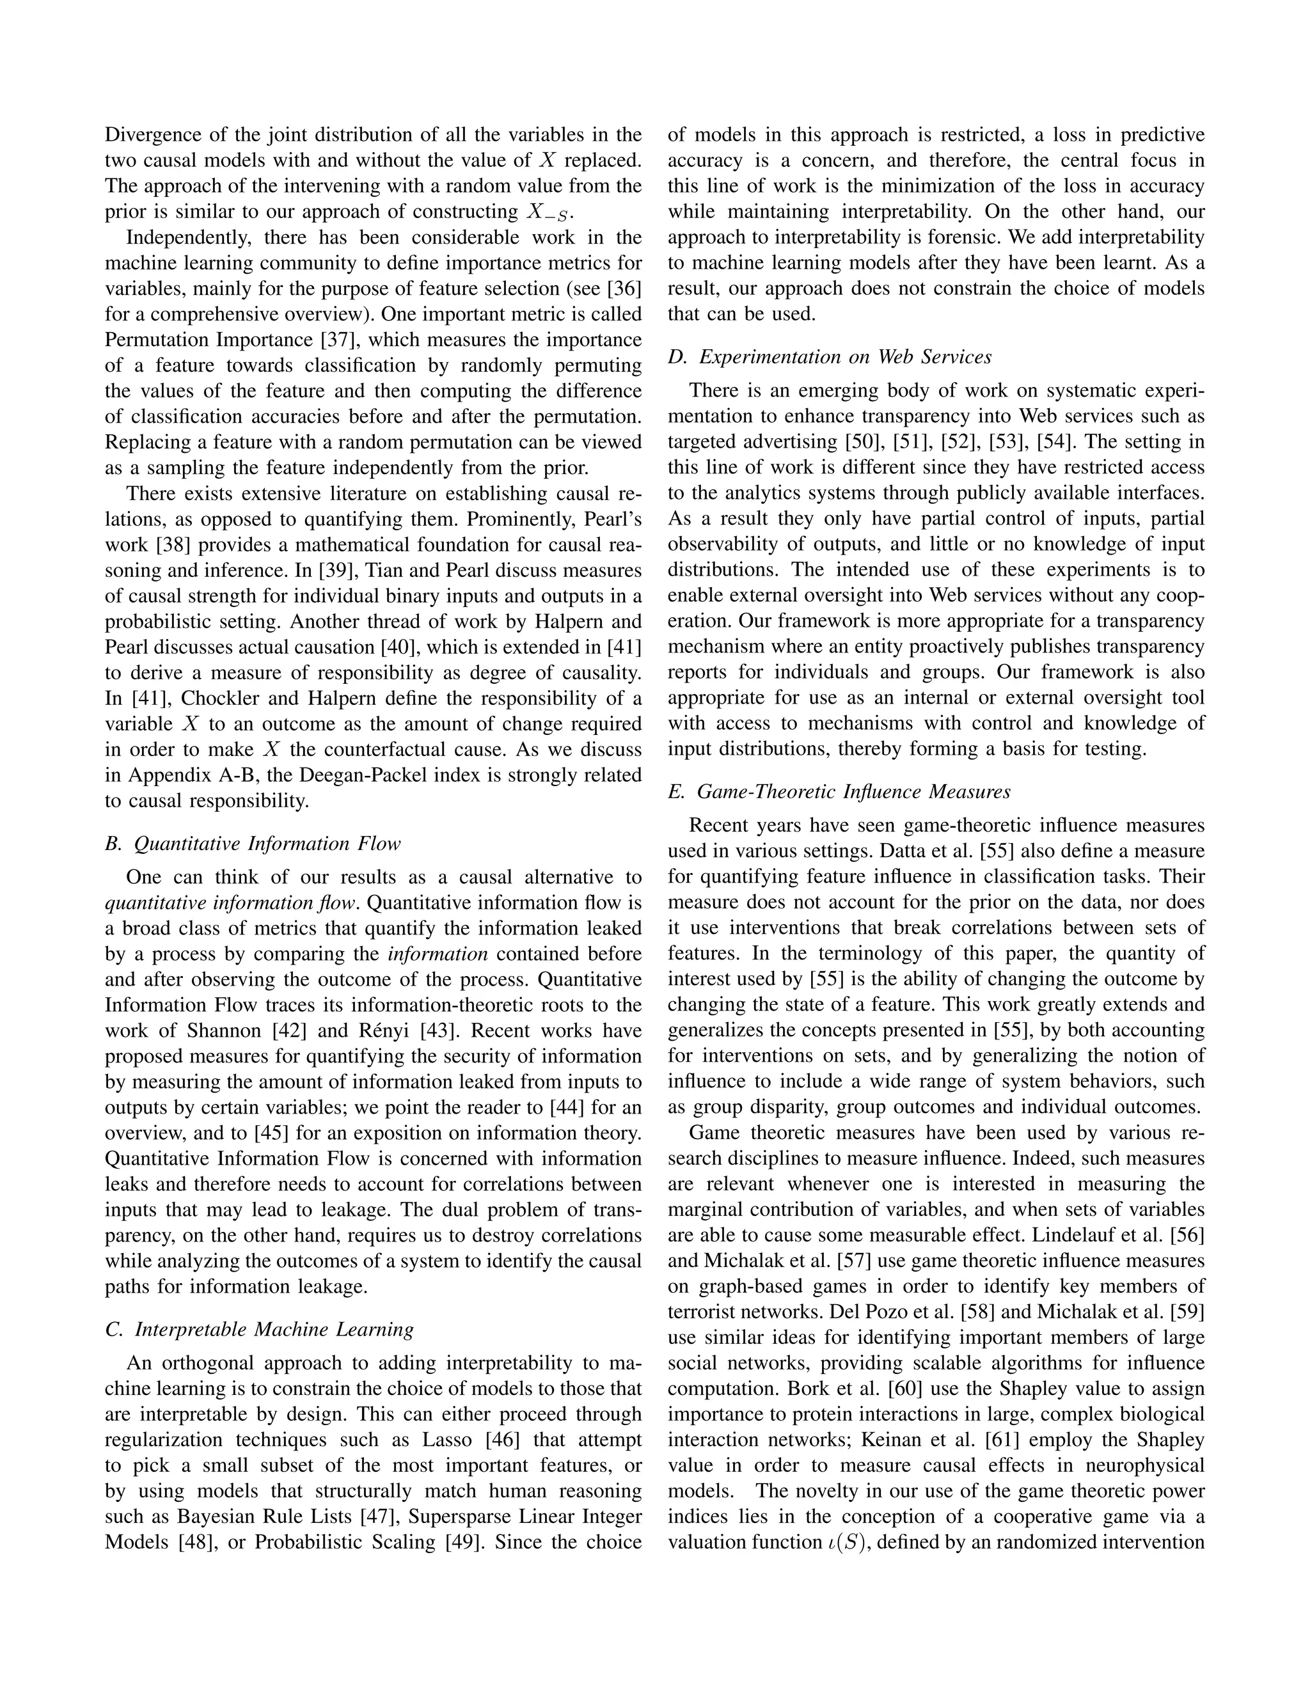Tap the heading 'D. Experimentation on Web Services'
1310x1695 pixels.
pyautogui.click(x=830, y=357)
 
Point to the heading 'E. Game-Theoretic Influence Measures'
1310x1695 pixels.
pyautogui.click(x=839, y=792)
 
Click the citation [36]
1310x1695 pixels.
pyautogui.click(x=623, y=288)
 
